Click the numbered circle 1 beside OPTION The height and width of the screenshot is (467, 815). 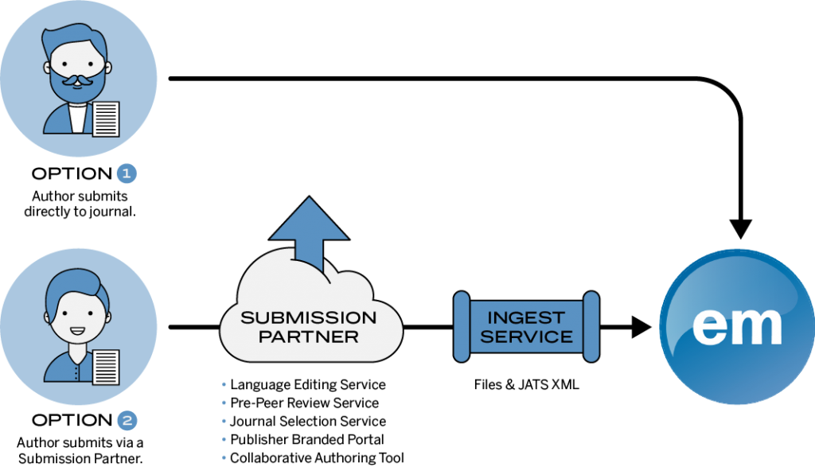pos(127,173)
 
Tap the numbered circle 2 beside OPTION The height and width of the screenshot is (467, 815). pos(127,420)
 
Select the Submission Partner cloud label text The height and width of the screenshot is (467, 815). pos(309,327)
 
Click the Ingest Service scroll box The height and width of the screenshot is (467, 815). pos(527,327)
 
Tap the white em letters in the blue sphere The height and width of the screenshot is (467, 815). pos(737,326)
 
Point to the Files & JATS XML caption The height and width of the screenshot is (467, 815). pos(527,384)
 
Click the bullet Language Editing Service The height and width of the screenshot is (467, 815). pos(304,385)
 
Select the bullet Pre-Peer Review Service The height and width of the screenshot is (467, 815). pos(300,403)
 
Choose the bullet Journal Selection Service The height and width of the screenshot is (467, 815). pos(304,422)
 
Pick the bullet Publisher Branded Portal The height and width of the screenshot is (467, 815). pos(303,439)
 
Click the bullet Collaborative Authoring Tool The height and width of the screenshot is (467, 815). pos(313,457)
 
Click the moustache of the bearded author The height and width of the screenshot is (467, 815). pos(78,80)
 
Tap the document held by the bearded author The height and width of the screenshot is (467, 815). pos(106,119)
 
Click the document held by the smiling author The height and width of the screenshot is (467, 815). pos(106,368)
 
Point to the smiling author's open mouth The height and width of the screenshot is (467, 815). pos(77,331)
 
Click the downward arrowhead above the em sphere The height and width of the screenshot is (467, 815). pos(741,228)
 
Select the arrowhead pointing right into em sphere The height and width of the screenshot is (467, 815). pos(641,327)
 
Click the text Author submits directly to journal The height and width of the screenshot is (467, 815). pos(80,204)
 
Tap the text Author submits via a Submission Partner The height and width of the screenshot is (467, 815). pos(80,450)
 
